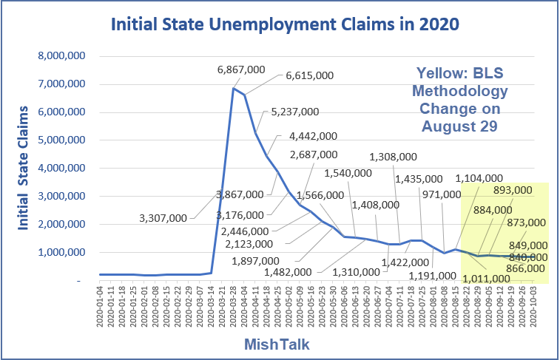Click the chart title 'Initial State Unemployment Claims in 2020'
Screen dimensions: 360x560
coord(284,25)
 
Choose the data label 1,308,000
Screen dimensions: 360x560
coord(393,157)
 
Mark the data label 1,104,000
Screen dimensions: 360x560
coord(479,178)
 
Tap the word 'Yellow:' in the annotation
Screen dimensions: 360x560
coord(442,74)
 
